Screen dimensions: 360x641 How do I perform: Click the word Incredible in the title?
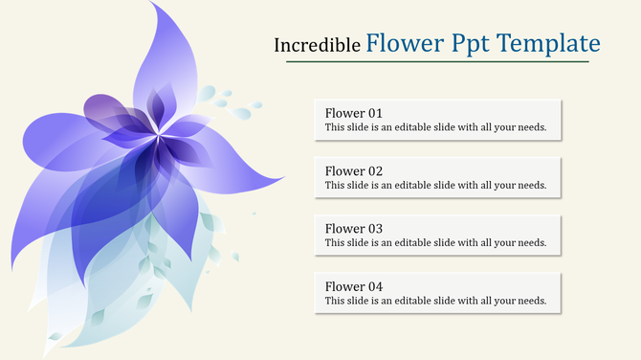317,45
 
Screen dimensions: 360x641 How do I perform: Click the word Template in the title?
547,43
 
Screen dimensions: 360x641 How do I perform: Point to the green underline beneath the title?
437,62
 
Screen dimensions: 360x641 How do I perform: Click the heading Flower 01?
353,113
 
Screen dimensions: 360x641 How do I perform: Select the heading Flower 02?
353,171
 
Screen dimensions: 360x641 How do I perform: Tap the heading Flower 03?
353,229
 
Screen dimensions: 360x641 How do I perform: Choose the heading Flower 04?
353,286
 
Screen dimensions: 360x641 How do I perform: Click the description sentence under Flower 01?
435,127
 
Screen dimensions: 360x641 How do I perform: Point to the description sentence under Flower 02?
435,186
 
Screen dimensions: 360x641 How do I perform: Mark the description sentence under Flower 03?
435,243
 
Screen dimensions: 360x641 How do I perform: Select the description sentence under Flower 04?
435,301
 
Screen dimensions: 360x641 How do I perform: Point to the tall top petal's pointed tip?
153,5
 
